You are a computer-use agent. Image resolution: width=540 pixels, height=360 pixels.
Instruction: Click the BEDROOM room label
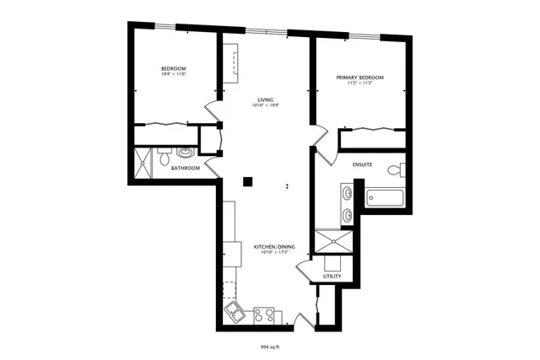(x=174, y=68)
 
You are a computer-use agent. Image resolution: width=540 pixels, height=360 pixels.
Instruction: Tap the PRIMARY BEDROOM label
(x=359, y=78)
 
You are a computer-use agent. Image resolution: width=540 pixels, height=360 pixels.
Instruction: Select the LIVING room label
(x=266, y=99)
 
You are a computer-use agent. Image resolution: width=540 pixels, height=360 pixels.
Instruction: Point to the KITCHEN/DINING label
(x=271, y=246)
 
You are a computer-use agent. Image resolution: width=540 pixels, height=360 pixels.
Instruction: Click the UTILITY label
(x=332, y=277)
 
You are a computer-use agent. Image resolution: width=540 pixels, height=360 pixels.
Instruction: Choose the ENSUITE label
(x=363, y=164)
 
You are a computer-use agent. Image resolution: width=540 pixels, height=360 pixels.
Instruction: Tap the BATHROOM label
(x=185, y=168)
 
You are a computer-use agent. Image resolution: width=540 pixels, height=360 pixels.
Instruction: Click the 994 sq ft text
(x=270, y=346)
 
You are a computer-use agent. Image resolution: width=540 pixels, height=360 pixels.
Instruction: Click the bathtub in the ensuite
(x=386, y=200)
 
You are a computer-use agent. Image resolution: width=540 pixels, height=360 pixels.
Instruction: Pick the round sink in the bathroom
(x=185, y=153)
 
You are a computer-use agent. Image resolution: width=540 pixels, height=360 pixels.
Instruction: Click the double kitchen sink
(x=233, y=314)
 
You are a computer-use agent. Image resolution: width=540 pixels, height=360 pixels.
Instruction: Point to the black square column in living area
(x=247, y=180)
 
